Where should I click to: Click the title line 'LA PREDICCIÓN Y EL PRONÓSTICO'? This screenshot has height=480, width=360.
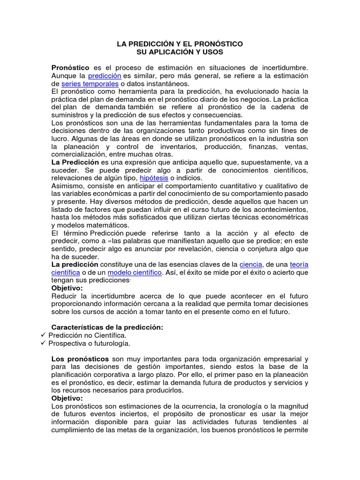[x=180, y=44]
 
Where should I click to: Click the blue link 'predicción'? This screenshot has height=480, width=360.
[x=105, y=75]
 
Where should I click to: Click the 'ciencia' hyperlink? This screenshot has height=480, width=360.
[x=251, y=264]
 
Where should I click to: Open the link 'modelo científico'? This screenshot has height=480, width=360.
[x=135, y=272]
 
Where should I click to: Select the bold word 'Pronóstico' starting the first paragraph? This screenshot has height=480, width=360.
[x=70, y=68]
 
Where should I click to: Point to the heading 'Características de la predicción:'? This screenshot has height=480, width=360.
[x=107, y=328]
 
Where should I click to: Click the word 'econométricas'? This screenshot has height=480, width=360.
[x=285, y=217]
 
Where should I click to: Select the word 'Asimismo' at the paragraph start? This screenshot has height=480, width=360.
[x=67, y=186]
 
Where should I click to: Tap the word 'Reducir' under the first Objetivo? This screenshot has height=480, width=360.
[x=64, y=296]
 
